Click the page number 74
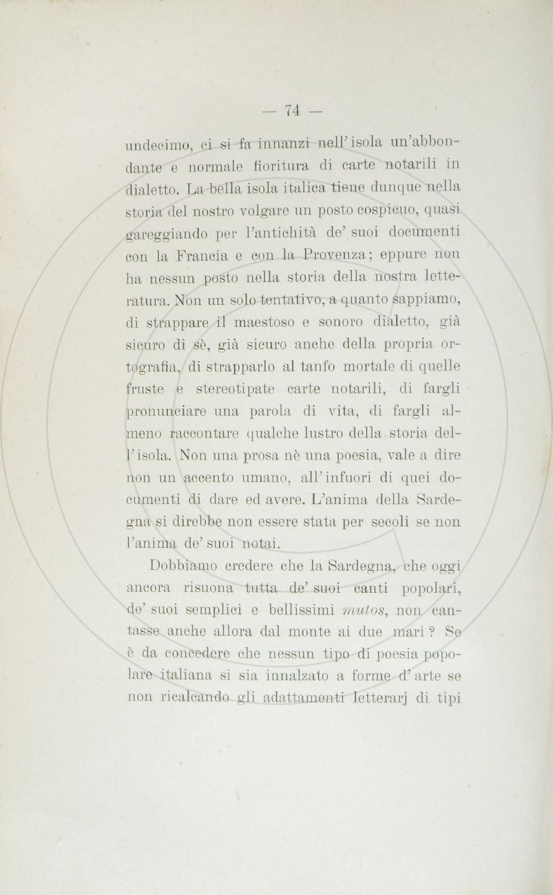(x=292, y=109)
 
